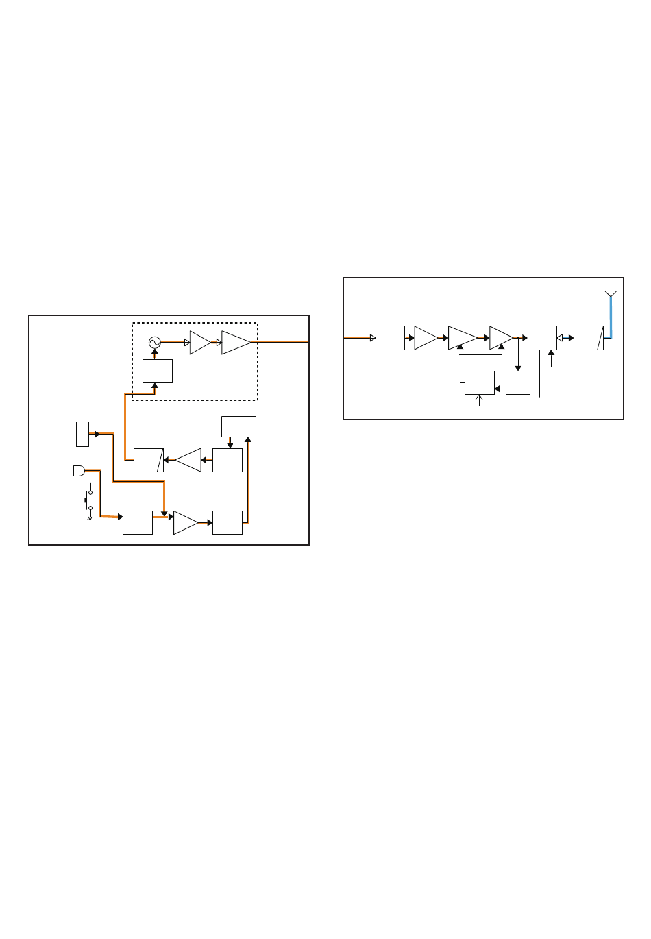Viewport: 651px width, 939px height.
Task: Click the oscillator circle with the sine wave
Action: [x=154, y=342]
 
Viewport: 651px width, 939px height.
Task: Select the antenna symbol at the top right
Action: [x=611, y=295]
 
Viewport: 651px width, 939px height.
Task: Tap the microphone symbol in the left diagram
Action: [x=78, y=471]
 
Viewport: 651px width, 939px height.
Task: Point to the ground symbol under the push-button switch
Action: [x=90, y=518]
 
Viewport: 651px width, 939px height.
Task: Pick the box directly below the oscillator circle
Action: [x=157, y=371]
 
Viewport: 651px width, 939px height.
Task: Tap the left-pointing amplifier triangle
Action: [x=188, y=460]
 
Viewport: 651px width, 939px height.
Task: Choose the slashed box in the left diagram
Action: [x=148, y=460]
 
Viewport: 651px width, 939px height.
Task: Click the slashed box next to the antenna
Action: [x=588, y=338]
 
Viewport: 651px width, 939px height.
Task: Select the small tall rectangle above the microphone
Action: [x=82, y=434]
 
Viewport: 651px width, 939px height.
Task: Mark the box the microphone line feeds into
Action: [x=137, y=522]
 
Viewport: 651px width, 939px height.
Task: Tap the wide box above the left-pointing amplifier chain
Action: [x=238, y=426]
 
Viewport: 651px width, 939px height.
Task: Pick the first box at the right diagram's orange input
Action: [x=390, y=338]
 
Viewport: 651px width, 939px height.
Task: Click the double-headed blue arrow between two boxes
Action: [x=565, y=338]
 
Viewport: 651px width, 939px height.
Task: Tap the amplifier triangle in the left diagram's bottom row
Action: [x=185, y=522]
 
